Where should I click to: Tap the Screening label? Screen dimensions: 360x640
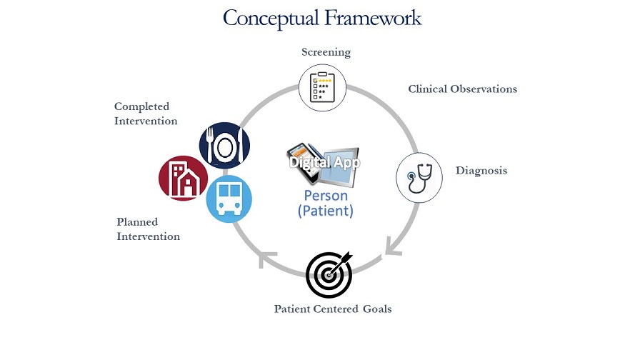326,52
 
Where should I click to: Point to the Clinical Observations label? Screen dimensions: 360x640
462,89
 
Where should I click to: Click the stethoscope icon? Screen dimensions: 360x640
419,176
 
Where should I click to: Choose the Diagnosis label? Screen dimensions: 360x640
481,171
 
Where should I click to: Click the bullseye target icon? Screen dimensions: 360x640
329,275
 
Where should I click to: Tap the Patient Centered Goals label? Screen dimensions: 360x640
333,309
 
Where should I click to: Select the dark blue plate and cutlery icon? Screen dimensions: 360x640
224,145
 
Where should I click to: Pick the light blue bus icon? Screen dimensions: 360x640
229,198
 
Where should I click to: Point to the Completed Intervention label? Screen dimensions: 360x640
146,114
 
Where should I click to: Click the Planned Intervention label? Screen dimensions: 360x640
149,229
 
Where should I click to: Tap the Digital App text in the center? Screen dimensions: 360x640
325,162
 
